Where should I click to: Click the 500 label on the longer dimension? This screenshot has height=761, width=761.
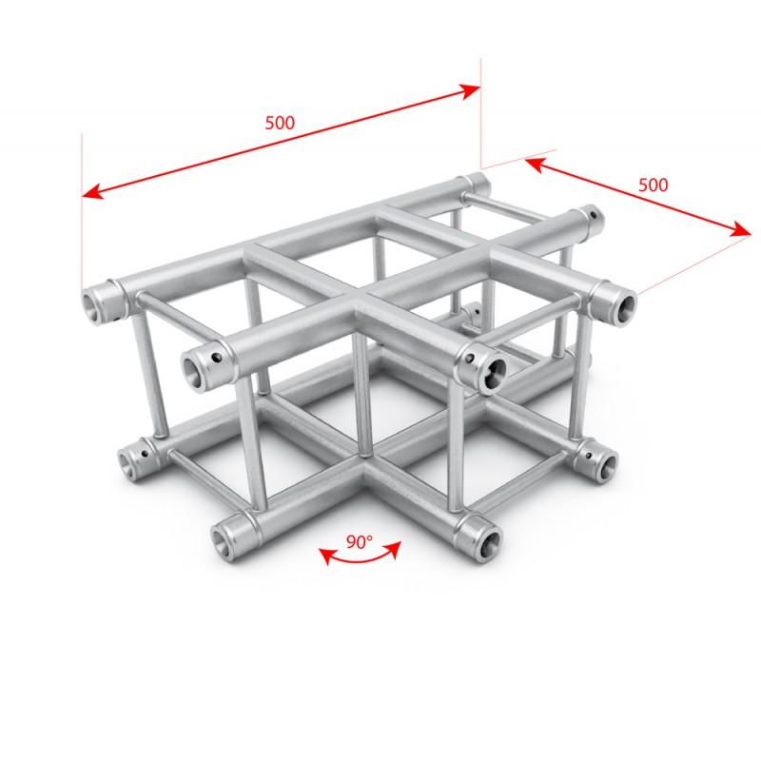281,123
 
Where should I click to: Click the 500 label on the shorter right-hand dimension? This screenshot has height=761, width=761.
653,185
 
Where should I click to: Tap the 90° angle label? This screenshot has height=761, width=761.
359,542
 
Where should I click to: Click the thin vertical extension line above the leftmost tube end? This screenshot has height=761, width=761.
83,209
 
